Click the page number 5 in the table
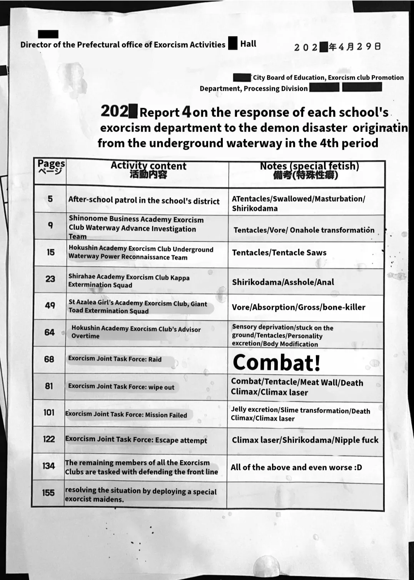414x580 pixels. (x=50, y=199)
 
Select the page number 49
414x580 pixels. (x=50, y=306)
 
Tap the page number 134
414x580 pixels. (x=48, y=466)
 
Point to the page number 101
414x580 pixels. (x=49, y=413)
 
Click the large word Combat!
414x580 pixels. (x=277, y=363)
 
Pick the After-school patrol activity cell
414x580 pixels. (x=144, y=200)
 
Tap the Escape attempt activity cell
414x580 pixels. (x=136, y=440)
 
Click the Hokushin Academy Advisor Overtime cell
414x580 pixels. (x=136, y=332)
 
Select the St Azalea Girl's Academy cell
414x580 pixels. (x=138, y=307)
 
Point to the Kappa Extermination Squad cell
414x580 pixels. (x=129, y=281)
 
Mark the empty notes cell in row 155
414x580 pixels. (x=305, y=496)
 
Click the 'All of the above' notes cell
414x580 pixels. (x=296, y=468)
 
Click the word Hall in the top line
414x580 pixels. (x=248, y=44)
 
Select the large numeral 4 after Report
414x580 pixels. (x=186, y=112)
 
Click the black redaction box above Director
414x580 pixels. (x=48, y=34)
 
